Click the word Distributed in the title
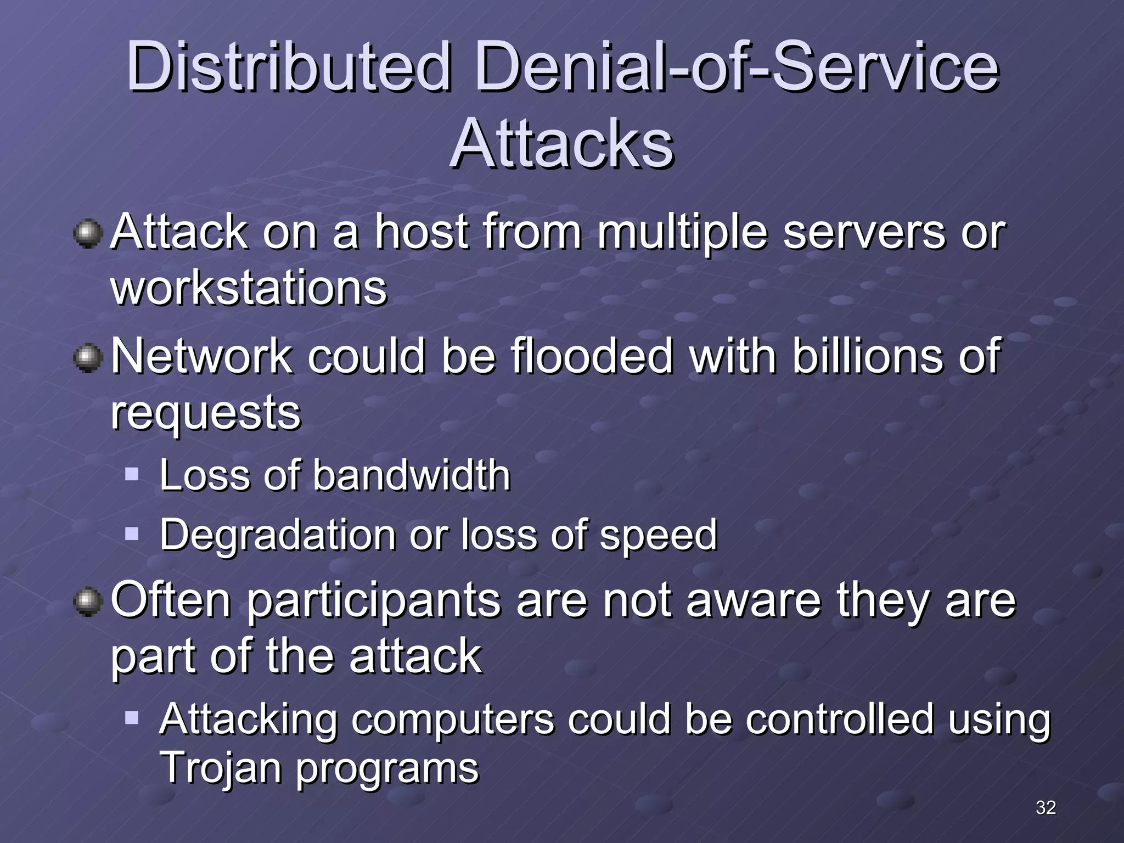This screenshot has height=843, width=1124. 289,68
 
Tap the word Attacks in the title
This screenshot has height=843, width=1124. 561,144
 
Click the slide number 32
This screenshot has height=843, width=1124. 1046,807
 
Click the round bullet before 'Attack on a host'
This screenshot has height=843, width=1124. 88,234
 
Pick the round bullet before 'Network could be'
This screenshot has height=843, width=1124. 88,358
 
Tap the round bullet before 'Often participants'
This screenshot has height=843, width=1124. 88,602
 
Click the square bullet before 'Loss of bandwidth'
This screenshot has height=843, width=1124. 132,474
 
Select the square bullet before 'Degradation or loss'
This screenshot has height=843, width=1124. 132,533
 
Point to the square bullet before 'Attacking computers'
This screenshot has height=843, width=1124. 132,717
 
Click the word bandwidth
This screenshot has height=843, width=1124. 412,475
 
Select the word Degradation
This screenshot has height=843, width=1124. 278,535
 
